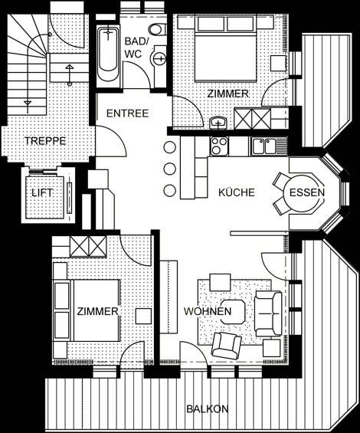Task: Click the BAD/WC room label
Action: click(136, 48)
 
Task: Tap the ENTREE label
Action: click(127, 113)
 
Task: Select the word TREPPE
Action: click(45, 141)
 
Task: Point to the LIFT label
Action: click(42, 192)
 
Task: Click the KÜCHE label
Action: click(237, 192)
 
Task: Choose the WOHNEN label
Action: click(208, 311)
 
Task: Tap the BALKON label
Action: click(208, 408)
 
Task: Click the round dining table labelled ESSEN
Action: click(303, 192)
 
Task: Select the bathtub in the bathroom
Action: click(108, 54)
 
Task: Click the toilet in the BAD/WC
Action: click(157, 29)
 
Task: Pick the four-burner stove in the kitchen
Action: click(219, 146)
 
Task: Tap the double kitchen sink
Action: click(265, 146)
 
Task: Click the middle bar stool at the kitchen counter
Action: click(169, 169)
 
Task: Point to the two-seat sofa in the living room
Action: click(268, 313)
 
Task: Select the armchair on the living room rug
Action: click(226, 345)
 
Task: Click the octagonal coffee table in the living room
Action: click(233, 312)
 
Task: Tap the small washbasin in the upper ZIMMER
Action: click(218, 123)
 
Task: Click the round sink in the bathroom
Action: click(159, 58)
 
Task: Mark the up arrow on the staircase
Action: click(69, 74)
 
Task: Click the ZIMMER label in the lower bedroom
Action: click(97, 311)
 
